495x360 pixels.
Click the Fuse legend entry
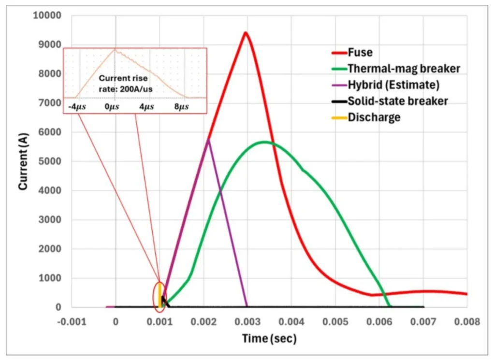pyautogui.click(x=352, y=52)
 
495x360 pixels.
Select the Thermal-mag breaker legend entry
pyautogui.click(x=396, y=69)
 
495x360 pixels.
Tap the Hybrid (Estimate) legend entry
pyautogui.click(x=385, y=85)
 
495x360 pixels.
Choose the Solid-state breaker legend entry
pyautogui.click(x=390, y=101)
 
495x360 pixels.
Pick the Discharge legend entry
pyautogui.click(x=366, y=117)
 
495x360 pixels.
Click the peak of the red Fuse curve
pyautogui.click(x=245, y=32)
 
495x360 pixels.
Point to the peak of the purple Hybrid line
pyautogui.click(x=208, y=139)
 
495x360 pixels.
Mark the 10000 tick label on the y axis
pyautogui.click(x=47, y=15)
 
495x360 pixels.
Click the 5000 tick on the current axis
pyautogui.click(x=50, y=161)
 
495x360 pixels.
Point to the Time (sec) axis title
pyautogui.click(x=269, y=339)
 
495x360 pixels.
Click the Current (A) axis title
pyautogui.click(x=23, y=161)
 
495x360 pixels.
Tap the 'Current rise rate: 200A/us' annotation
pyautogui.click(x=125, y=84)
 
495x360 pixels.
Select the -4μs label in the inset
pyautogui.click(x=77, y=107)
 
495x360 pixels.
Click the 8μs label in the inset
pyautogui.click(x=182, y=107)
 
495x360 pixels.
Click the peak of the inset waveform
pyautogui.click(x=115, y=49)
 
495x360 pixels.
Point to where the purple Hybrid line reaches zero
pyautogui.click(x=247, y=306)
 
